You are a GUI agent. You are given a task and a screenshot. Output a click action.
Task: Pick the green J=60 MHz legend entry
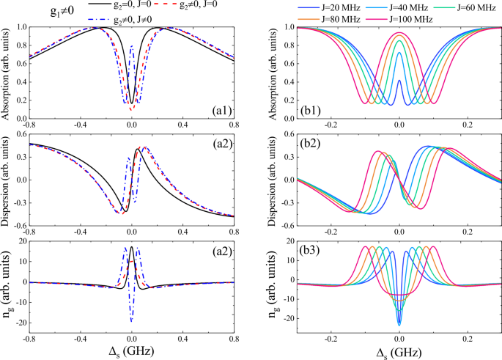pos(462,6)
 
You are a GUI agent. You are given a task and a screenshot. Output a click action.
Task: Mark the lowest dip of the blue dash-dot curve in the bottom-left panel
pos(131,320)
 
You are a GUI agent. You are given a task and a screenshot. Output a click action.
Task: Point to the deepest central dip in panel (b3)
pos(399,323)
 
